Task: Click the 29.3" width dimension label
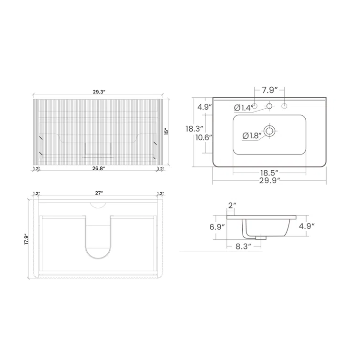[99, 92]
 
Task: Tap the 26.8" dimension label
[99, 168]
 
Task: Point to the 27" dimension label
[99, 194]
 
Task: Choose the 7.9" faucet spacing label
[269, 90]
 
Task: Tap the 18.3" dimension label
[195, 129]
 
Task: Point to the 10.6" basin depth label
[204, 137]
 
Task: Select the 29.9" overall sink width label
[269, 180]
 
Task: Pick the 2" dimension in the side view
[232, 206]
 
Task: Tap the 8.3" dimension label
[243, 247]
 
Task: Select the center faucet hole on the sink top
[269, 105]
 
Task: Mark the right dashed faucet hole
[285, 105]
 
